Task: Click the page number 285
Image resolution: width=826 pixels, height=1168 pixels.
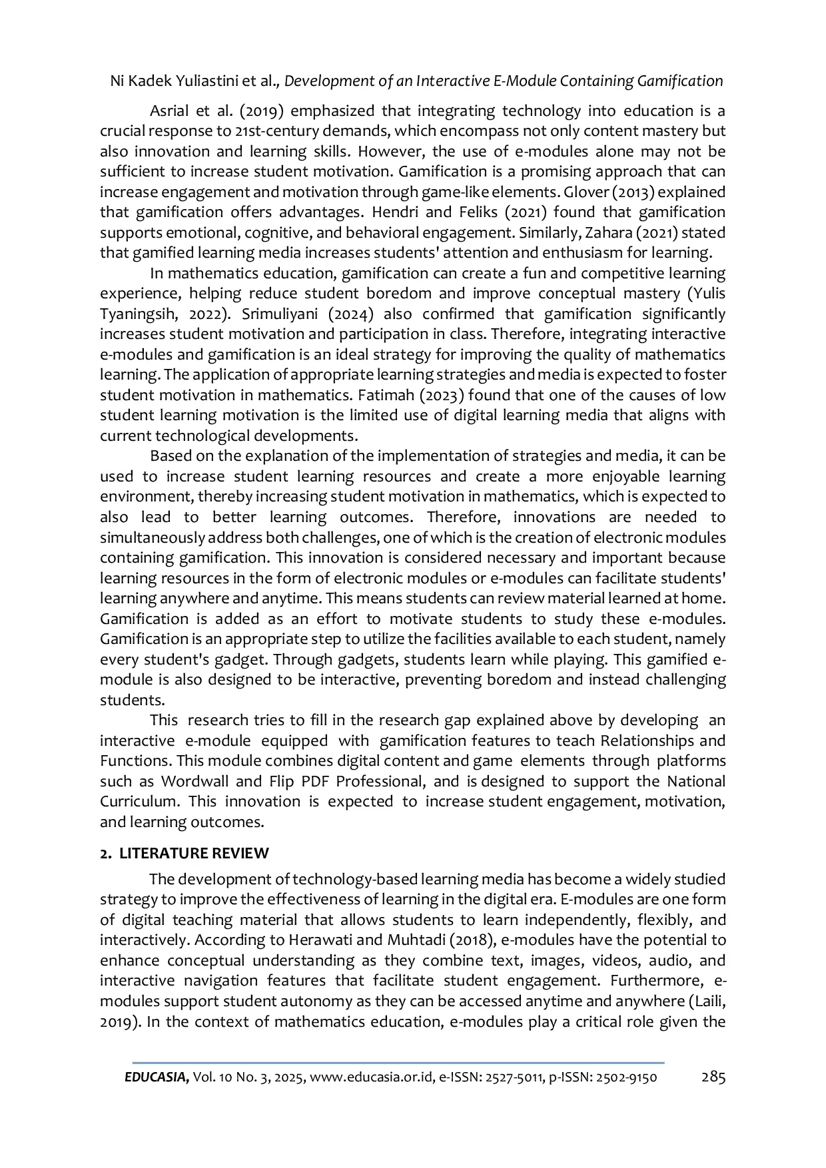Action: tap(713, 1077)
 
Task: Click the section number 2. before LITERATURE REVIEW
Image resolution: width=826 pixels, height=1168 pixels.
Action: tap(105, 853)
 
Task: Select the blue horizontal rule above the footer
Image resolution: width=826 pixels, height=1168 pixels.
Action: tap(398, 1063)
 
